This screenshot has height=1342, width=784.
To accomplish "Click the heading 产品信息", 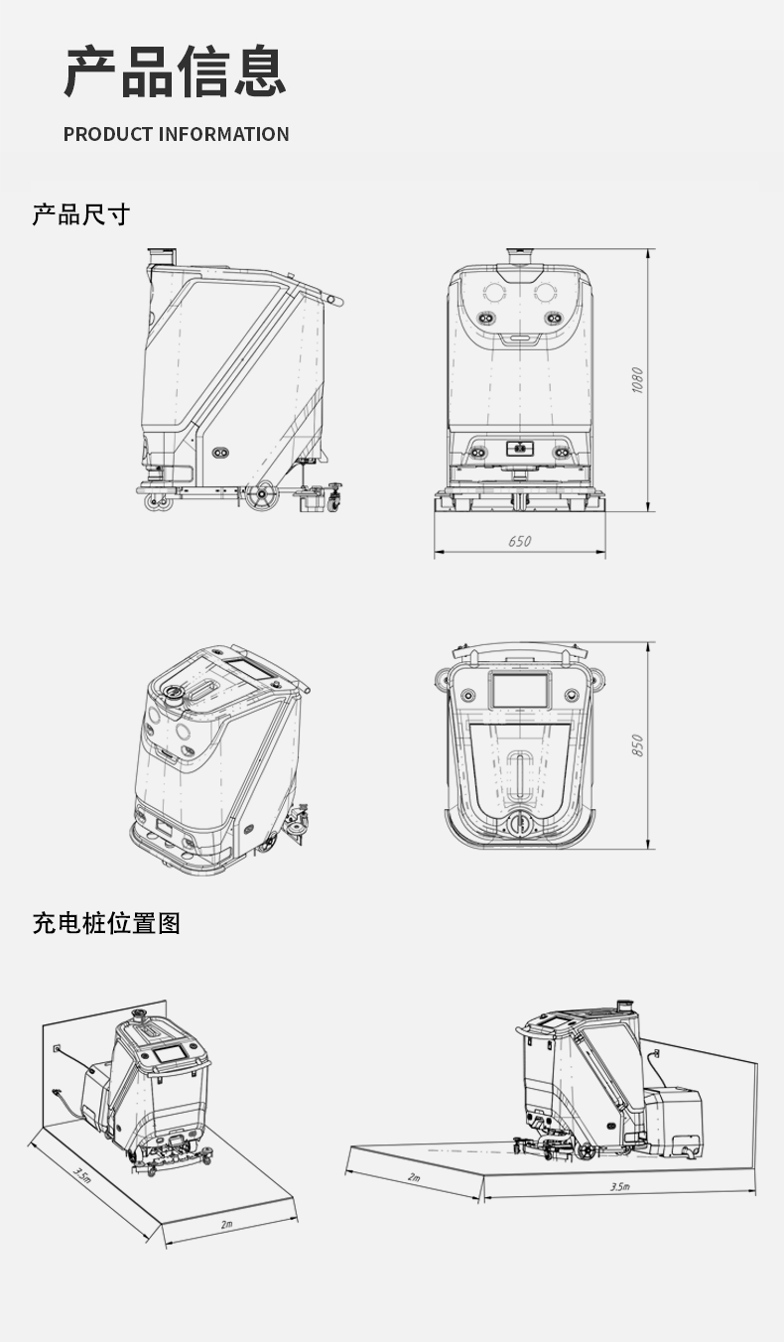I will point(176,72).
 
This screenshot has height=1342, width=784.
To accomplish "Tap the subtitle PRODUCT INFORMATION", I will point(177,134).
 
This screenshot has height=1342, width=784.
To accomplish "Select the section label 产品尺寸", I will point(81,214).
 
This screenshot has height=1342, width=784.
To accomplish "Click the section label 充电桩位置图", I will point(106,923).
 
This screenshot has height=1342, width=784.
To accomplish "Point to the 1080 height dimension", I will point(638,380).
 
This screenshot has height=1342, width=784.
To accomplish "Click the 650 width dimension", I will point(519,541).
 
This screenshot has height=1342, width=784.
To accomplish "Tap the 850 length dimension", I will point(638,745).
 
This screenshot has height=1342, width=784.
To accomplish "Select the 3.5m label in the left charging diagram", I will point(82,1176).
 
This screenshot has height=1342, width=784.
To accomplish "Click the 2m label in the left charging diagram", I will point(226,1224).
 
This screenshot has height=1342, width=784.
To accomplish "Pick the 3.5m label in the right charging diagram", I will point(619,1186).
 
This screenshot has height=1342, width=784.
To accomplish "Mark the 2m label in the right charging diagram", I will point(413,1176).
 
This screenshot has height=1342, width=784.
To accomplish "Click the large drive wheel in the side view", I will point(260,496).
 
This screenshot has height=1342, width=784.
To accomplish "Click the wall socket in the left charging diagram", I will point(57,1047).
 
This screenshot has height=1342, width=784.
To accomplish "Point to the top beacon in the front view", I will point(520,255).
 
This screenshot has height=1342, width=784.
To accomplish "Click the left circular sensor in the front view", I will point(493,292).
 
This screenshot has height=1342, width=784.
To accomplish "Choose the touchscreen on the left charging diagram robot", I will point(171,1054).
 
